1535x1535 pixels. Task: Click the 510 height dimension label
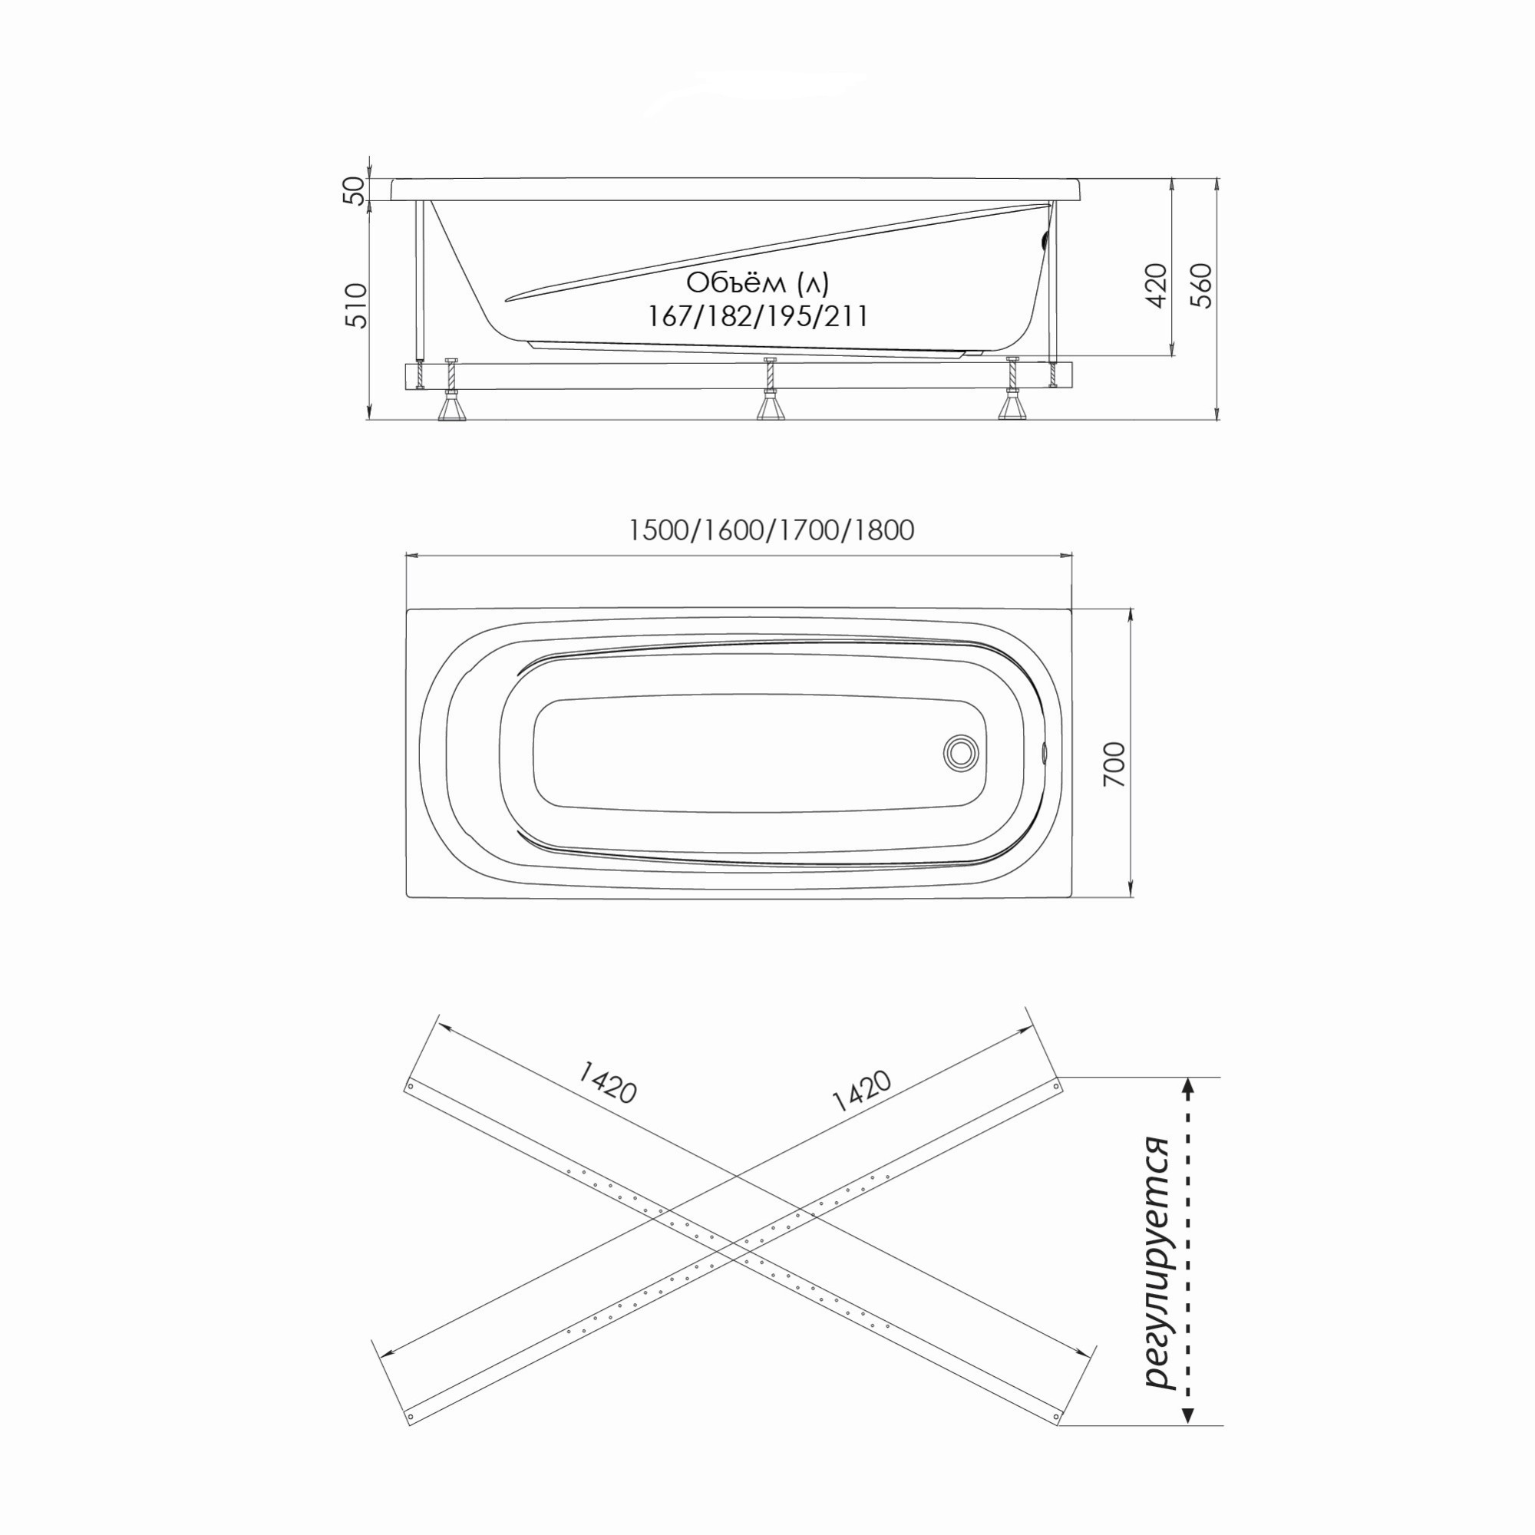point(357,305)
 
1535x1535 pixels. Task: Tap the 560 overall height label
point(1203,286)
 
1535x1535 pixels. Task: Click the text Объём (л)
point(758,283)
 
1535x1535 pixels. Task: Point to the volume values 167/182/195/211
point(758,317)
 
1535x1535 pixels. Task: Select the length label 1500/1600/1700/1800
point(771,530)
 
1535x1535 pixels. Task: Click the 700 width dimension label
point(1114,764)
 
